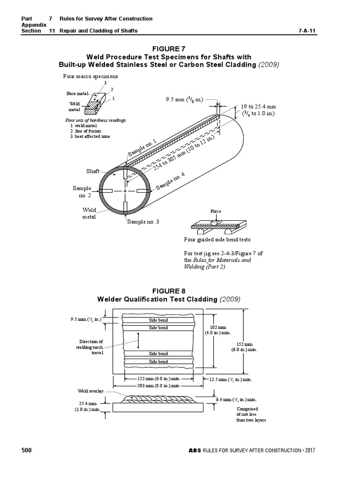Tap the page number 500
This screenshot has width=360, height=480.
tap(26, 450)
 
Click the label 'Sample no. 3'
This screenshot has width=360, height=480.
tap(143, 221)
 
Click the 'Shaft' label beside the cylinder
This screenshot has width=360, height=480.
tap(93, 171)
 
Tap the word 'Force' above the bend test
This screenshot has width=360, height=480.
tap(216, 211)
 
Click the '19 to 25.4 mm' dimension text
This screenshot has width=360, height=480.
tap(258, 107)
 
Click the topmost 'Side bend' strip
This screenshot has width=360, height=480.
tap(158, 320)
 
